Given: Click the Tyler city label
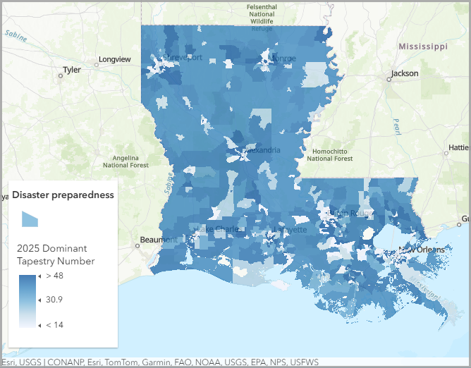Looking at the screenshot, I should pyautogui.click(x=72, y=70).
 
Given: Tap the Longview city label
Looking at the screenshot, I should pyautogui.click(x=114, y=60).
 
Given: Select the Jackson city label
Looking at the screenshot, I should pyautogui.click(x=405, y=73).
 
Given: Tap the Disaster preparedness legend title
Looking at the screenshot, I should pyautogui.click(x=63, y=195).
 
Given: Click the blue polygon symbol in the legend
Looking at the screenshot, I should pyautogui.click(x=29, y=219).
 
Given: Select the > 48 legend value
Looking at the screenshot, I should pyautogui.click(x=55, y=275).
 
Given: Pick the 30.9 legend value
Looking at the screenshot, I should pyautogui.click(x=54, y=300).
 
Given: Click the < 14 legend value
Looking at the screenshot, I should pyautogui.click(x=55, y=324).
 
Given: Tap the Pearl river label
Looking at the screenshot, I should pyautogui.click(x=396, y=126).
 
